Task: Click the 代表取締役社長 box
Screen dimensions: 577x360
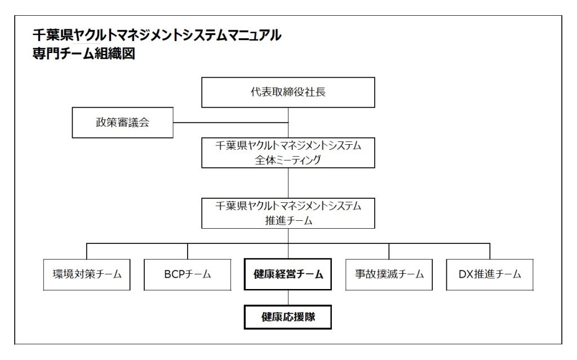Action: pyautogui.click(x=288, y=92)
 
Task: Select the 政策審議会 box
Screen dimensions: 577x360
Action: pyautogui.click(x=122, y=123)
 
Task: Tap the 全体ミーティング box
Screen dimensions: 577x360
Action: pyautogui.click(x=288, y=153)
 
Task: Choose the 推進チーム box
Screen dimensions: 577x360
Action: pyautogui.click(x=288, y=213)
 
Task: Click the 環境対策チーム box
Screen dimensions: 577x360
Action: pyautogui.click(x=87, y=274)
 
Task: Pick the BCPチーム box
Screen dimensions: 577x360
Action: pyautogui.click(x=187, y=274)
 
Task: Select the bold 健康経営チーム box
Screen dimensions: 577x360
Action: pyautogui.click(x=288, y=274)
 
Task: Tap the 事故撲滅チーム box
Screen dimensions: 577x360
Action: pyautogui.click(x=389, y=274)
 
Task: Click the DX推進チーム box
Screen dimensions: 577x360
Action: pyautogui.click(x=490, y=274)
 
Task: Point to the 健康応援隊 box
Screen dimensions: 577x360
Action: pyautogui.click(x=288, y=317)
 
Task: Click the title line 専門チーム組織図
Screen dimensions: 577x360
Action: pyautogui.click(x=84, y=54)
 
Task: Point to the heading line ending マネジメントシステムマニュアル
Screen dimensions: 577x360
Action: pyautogui.click(x=157, y=35)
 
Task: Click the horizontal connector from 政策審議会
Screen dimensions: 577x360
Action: pyautogui.click(x=230, y=123)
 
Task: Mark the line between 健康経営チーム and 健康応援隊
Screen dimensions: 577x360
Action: pyautogui.click(x=288, y=298)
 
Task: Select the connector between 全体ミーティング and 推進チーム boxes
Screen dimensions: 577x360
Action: pyautogui.click(x=288, y=183)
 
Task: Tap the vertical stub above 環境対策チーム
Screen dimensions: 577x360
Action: pyautogui.click(x=87, y=251)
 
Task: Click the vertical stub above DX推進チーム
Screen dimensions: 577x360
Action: pyautogui.click(x=490, y=251)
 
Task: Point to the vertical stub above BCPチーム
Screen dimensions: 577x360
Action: pyautogui.click(x=188, y=251)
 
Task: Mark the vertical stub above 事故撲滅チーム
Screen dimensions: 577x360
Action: pyautogui.click(x=389, y=251)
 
